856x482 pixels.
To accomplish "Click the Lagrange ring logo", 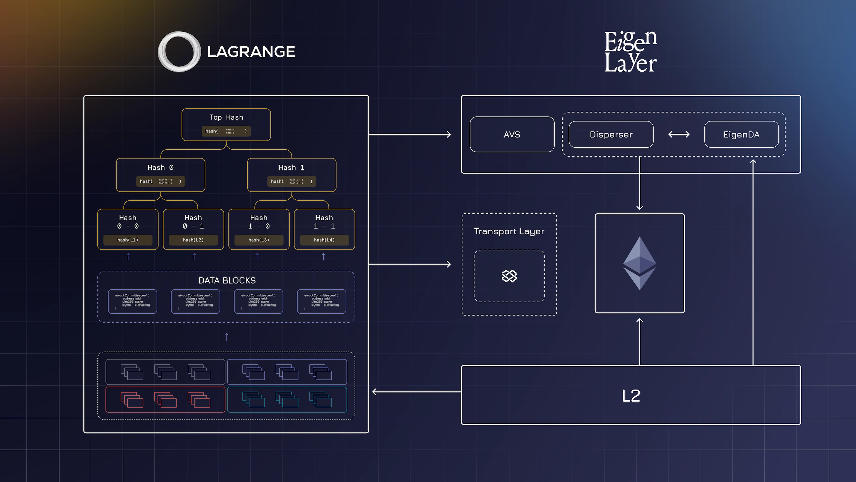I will pyautogui.click(x=179, y=52).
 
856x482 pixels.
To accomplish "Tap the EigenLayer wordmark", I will pyautogui.click(x=630, y=52).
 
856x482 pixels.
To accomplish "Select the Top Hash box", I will pyautogui.click(x=226, y=124).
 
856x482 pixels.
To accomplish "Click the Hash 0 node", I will pyautogui.click(x=161, y=174).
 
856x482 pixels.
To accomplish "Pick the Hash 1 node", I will pyautogui.click(x=291, y=174).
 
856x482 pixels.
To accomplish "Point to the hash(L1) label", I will pyautogui.click(x=128, y=240).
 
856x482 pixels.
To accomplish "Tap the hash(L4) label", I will pyautogui.click(x=324, y=240).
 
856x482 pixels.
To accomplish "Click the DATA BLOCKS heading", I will pyautogui.click(x=227, y=281).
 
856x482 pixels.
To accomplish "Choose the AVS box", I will pyautogui.click(x=512, y=134).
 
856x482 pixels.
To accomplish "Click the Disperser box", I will pyautogui.click(x=611, y=134).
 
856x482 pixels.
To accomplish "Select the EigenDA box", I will pyautogui.click(x=741, y=134).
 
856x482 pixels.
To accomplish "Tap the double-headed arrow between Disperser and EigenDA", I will pyautogui.click(x=679, y=134).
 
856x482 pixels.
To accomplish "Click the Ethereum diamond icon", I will pyautogui.click(x=639, y=263).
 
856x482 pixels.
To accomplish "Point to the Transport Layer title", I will pyautogui.click(x=509, y=231).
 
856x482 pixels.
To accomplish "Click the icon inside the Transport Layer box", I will pyautogui.click(x=509, y=276).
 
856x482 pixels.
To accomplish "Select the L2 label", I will pyautogui.click(x=631, y=396).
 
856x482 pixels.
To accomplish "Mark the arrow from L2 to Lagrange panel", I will pyautogui.click(x=416, y=392).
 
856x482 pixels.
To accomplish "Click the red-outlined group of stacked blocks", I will pyautogui.click(x=165, y=399).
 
